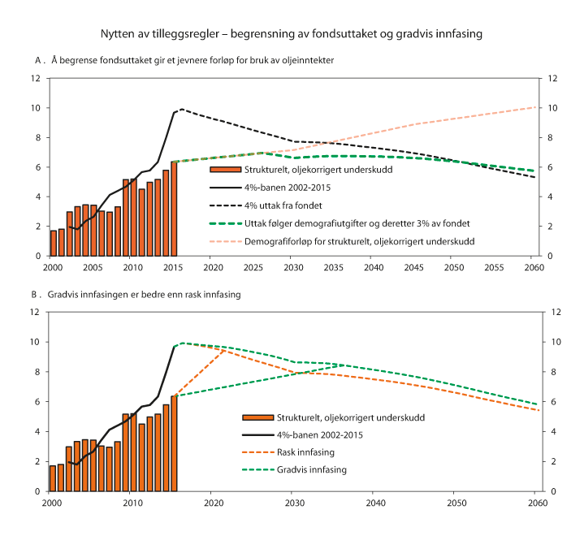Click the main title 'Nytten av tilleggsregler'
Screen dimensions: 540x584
point(292,34)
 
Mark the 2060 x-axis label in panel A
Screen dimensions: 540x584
point(534,267)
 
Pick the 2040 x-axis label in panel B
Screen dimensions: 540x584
point(373,503)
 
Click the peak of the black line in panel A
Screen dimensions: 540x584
point(180,109)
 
